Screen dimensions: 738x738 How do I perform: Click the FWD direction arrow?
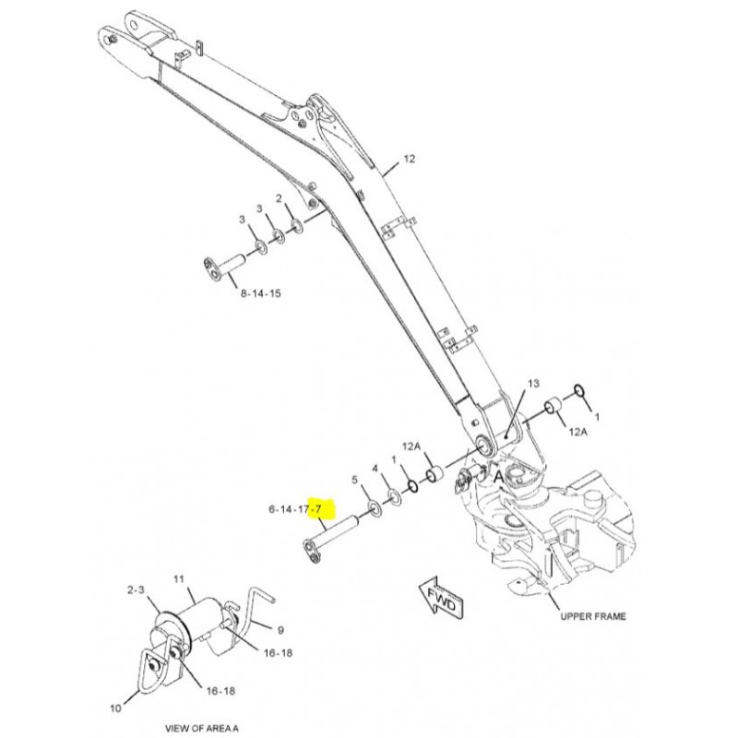coord(441,599)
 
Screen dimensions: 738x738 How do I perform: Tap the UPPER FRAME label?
coord(593,616)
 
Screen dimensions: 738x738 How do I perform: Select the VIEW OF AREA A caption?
coord(202,728)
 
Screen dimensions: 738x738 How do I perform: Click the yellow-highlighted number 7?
coord(317,509)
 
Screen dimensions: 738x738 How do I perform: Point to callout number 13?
coord(534,384)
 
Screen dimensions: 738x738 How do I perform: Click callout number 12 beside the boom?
coord(410,159)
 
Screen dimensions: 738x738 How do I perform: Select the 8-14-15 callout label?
coord(261,293)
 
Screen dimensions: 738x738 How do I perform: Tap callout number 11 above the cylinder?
coord(179,579)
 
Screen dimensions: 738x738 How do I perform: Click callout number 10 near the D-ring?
coord(116,708)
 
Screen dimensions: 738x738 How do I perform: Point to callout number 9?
coord(281,630)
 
